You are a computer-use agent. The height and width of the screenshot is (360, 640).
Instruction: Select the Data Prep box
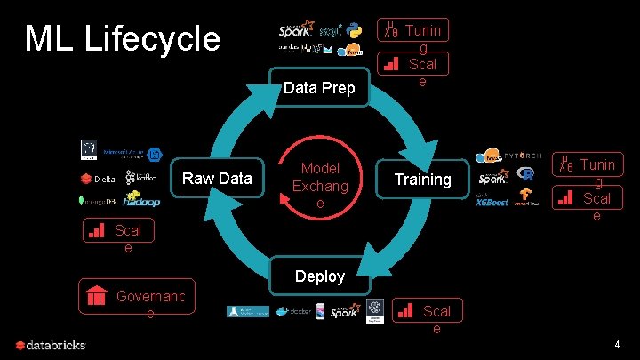(x=319, y=87)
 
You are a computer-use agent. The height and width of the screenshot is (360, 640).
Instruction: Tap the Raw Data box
(x=217, y=179)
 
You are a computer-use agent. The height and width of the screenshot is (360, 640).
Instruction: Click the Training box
(x=422, y=179)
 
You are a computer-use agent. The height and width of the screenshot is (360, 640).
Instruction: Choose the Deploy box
(x=319, y=276)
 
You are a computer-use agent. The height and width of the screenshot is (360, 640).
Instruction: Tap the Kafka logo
(x=142, y=177)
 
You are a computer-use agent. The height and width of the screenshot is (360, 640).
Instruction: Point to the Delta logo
(x=100, y=179)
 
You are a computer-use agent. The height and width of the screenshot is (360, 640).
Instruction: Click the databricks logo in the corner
(x=52, y=345)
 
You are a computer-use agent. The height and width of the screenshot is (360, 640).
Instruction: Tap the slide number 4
(x=617, y=344)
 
